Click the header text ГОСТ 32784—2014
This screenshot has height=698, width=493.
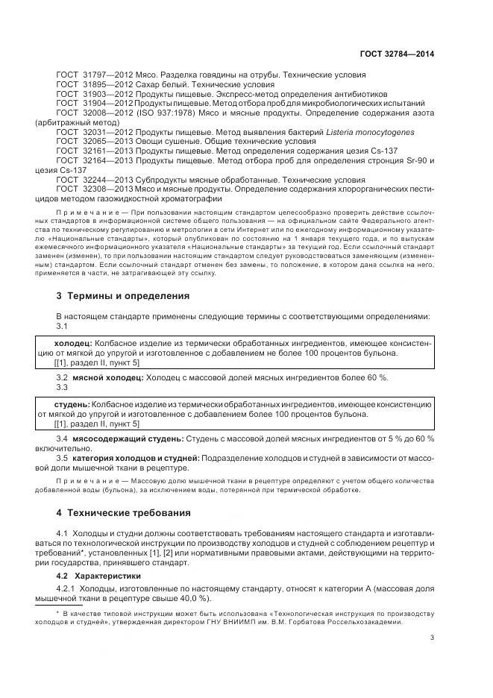coord(396,54)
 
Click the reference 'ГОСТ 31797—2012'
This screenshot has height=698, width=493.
coord(88,76)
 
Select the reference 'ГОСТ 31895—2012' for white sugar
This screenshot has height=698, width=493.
coord(88,85)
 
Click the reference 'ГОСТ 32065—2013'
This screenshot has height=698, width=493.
coord(88,140)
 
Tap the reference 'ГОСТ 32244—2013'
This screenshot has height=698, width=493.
coord(88,180)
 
